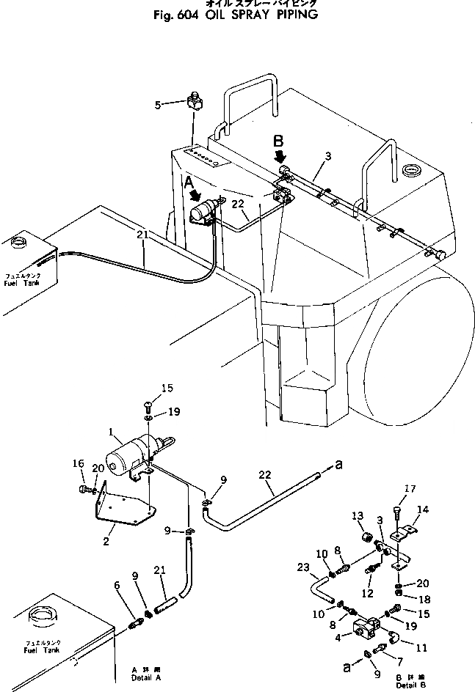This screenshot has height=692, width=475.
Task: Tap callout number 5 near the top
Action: click(156, 105)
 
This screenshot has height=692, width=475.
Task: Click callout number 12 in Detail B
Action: click(368, 593)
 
